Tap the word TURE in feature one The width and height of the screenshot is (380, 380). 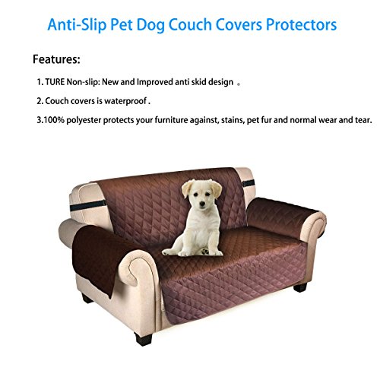[59, 80]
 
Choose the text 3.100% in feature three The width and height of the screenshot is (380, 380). [52, 119]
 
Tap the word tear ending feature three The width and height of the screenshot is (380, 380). [363, 119]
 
